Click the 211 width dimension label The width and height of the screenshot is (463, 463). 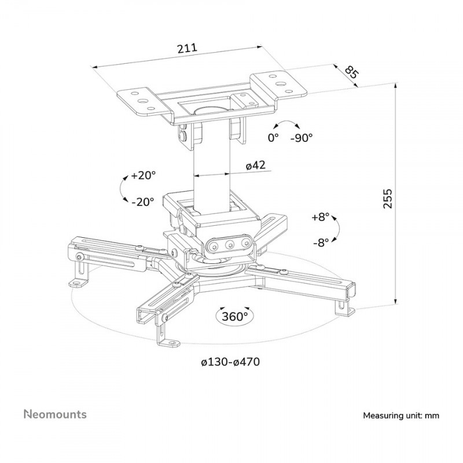coord(188,48)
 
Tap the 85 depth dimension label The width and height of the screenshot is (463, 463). coord(351,73)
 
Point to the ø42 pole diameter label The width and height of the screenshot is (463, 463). coord(255,166)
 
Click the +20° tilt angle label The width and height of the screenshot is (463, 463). coord(143,175)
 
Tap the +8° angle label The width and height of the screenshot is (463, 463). coord(319,217)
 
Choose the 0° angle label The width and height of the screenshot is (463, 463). coord(273,138)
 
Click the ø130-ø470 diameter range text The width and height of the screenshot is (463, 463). coord(230,362)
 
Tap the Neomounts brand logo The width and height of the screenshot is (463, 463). coord(55,414)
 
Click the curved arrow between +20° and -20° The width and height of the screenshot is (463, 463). coord(122,189)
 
